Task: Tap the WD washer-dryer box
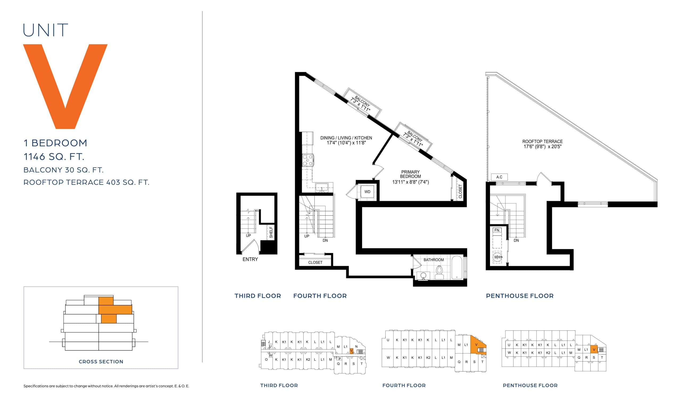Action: tap(367, 192)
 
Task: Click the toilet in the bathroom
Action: tap(439, 273)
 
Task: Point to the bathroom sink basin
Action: tap(423, 275)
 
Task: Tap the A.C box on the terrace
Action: tap(499, 177)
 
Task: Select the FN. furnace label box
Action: tap(497, 230)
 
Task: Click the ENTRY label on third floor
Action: tap(250, 259)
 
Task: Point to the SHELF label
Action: tap(271, 232)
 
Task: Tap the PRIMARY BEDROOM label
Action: tap(410, 174)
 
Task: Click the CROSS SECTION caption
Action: tap(101, 362)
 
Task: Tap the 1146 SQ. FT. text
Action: tap(54, 156)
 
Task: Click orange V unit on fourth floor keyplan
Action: tap(477, 346)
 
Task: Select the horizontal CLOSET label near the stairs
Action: tap(315, 262)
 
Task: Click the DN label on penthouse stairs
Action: tap(516, 240)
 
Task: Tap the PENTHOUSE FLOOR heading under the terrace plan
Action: tap(520, 296)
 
